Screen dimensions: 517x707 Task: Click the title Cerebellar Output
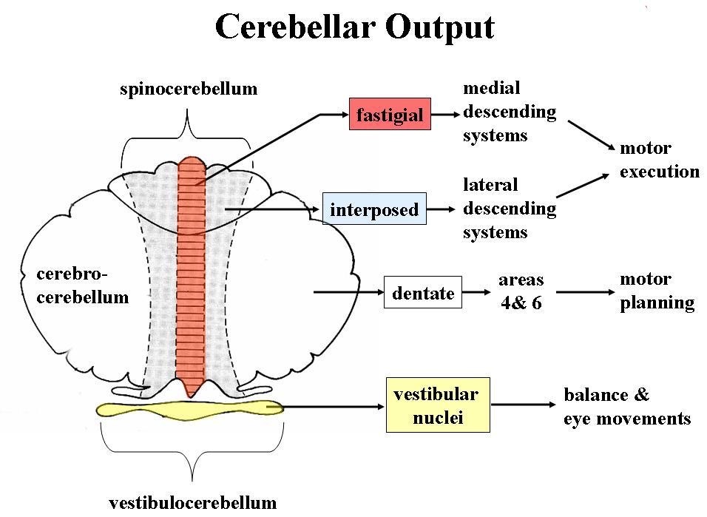[x=354, y=27]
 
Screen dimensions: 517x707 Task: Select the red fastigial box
[x=390, y=115]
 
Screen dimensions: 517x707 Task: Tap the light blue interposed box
[x=374, y=209]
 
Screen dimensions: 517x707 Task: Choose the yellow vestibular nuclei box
[x=436, y=405]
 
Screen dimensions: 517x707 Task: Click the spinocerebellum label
[x=189, y=89]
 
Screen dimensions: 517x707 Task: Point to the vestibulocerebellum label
[x=192, y=503]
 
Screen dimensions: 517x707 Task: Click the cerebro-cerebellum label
[x=82, y=285]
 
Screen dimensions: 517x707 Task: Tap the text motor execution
[x=659, y=160]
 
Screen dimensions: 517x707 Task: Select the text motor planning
[x=657, y=291]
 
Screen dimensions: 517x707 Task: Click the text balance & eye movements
[x=626, y=406]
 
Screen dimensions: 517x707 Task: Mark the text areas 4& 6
[x=521, y=291]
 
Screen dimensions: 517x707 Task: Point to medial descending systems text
[x=510, y=112]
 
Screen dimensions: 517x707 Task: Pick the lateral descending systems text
[x=510, y=208]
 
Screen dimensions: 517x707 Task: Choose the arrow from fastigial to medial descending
[x=444, y=115]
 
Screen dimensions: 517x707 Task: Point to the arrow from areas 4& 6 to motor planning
[x=585, y=292]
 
